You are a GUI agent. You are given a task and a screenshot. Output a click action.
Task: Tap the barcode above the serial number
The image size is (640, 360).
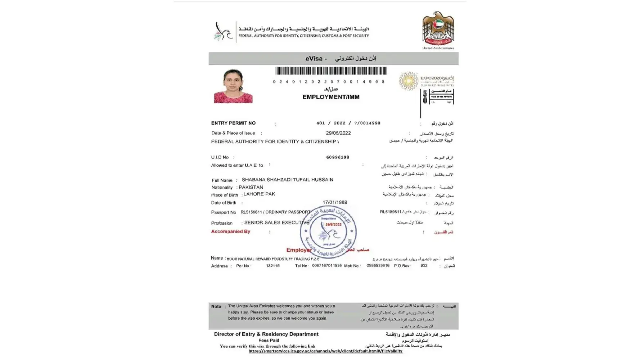pos(331,71)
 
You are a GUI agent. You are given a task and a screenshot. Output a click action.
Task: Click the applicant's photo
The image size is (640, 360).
pos(233,86)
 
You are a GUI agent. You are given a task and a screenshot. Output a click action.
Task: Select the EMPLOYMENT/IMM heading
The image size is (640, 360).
pos(331,97)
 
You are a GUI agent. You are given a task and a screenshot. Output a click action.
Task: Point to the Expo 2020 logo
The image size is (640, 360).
pos(426,80)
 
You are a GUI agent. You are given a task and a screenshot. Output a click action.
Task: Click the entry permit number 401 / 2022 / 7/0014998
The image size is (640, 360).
pos(348,123)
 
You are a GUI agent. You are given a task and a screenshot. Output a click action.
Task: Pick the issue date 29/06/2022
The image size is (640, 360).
pos(338,133)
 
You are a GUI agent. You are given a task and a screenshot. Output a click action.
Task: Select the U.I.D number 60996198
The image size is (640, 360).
pos(337,157)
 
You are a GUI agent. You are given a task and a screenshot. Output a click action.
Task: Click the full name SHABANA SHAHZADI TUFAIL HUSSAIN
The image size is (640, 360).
pos(287,180)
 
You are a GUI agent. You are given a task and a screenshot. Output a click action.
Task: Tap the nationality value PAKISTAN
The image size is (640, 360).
pos(251,187)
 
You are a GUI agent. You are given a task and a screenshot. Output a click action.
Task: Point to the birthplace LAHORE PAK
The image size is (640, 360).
pos(259,194)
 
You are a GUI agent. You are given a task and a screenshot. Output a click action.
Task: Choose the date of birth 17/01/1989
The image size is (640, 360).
pos(335,202)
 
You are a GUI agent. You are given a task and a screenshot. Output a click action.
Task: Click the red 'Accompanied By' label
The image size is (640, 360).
pos(230,231)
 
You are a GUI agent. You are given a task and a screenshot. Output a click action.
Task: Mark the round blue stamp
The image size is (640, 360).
pos(328,231)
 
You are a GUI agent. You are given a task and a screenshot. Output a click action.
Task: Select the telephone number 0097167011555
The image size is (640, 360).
pos(327,266)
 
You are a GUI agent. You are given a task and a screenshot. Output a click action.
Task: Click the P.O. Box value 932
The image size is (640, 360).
pos(424,266)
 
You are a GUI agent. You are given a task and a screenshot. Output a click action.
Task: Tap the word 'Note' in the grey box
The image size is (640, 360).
pos(216,306)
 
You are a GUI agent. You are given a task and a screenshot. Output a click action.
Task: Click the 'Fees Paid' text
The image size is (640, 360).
pos(269,340)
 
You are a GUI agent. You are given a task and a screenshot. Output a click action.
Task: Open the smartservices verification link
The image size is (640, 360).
pos(325,351)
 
